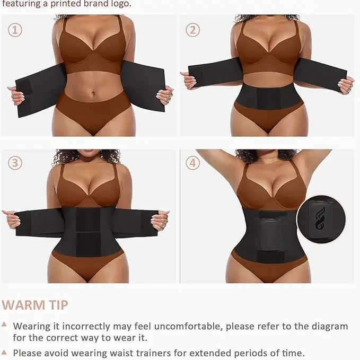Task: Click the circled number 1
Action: (15, 30)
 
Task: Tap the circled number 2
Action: (192, 30)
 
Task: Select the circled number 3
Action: (15, 162)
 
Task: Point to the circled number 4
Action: (192, 162)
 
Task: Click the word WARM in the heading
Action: (23, 305)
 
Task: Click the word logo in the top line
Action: (120, 4)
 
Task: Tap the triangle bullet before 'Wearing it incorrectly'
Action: (4, 324)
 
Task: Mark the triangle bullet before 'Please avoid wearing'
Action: (4, 352)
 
